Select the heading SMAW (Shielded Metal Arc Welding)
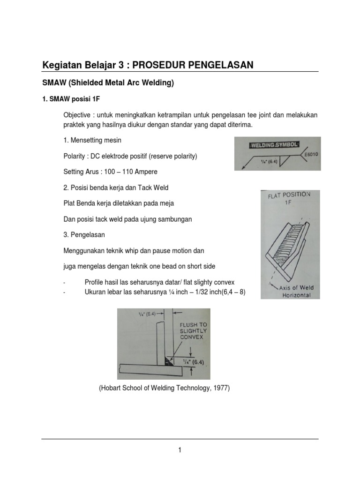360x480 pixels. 108,83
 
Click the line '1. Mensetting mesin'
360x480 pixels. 92,140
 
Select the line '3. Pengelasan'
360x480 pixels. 84,234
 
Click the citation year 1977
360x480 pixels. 220,388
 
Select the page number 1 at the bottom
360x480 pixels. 180,450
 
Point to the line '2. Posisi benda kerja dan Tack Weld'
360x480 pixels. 116,187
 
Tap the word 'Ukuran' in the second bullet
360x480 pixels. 96,292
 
